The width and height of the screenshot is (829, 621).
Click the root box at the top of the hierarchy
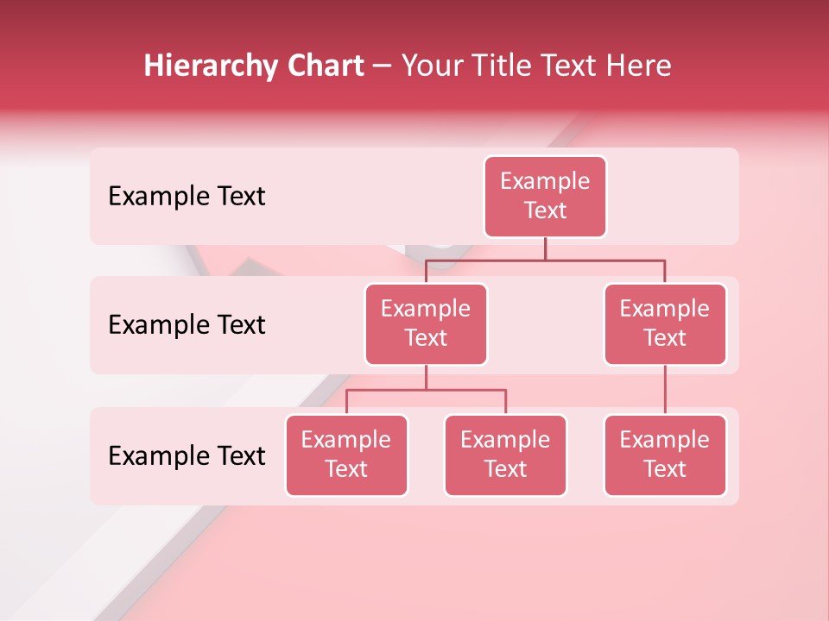coord(545,197)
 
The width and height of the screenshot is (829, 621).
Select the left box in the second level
coord(426,324)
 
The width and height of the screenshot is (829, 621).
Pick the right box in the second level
coord(665,324)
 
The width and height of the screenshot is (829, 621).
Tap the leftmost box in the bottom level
coord(346,455)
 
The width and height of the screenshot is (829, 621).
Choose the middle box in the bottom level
coord(505,455)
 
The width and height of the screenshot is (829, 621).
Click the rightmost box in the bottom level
coord(665,455)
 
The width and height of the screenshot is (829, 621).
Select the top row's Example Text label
coord(187,197)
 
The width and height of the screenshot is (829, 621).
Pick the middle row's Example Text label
coord(187,325)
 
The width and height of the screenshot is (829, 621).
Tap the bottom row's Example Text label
coord(187,455)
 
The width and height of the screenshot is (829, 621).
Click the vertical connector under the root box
coord(545,248)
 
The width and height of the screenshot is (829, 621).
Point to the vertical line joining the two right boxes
coord(665,390)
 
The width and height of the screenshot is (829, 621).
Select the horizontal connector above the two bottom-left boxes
coord(426,390)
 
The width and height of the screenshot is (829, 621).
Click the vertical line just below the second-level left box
coord(426,377)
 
